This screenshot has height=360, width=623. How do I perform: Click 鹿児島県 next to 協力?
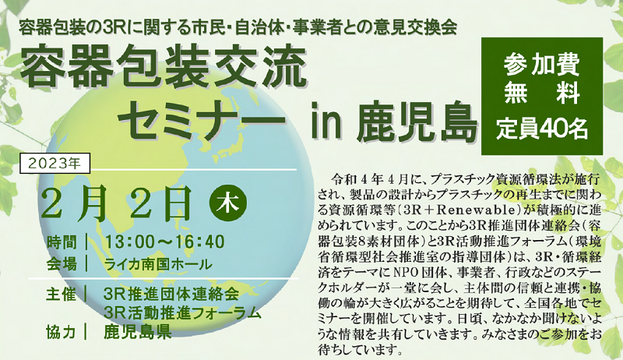click(140, 331)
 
